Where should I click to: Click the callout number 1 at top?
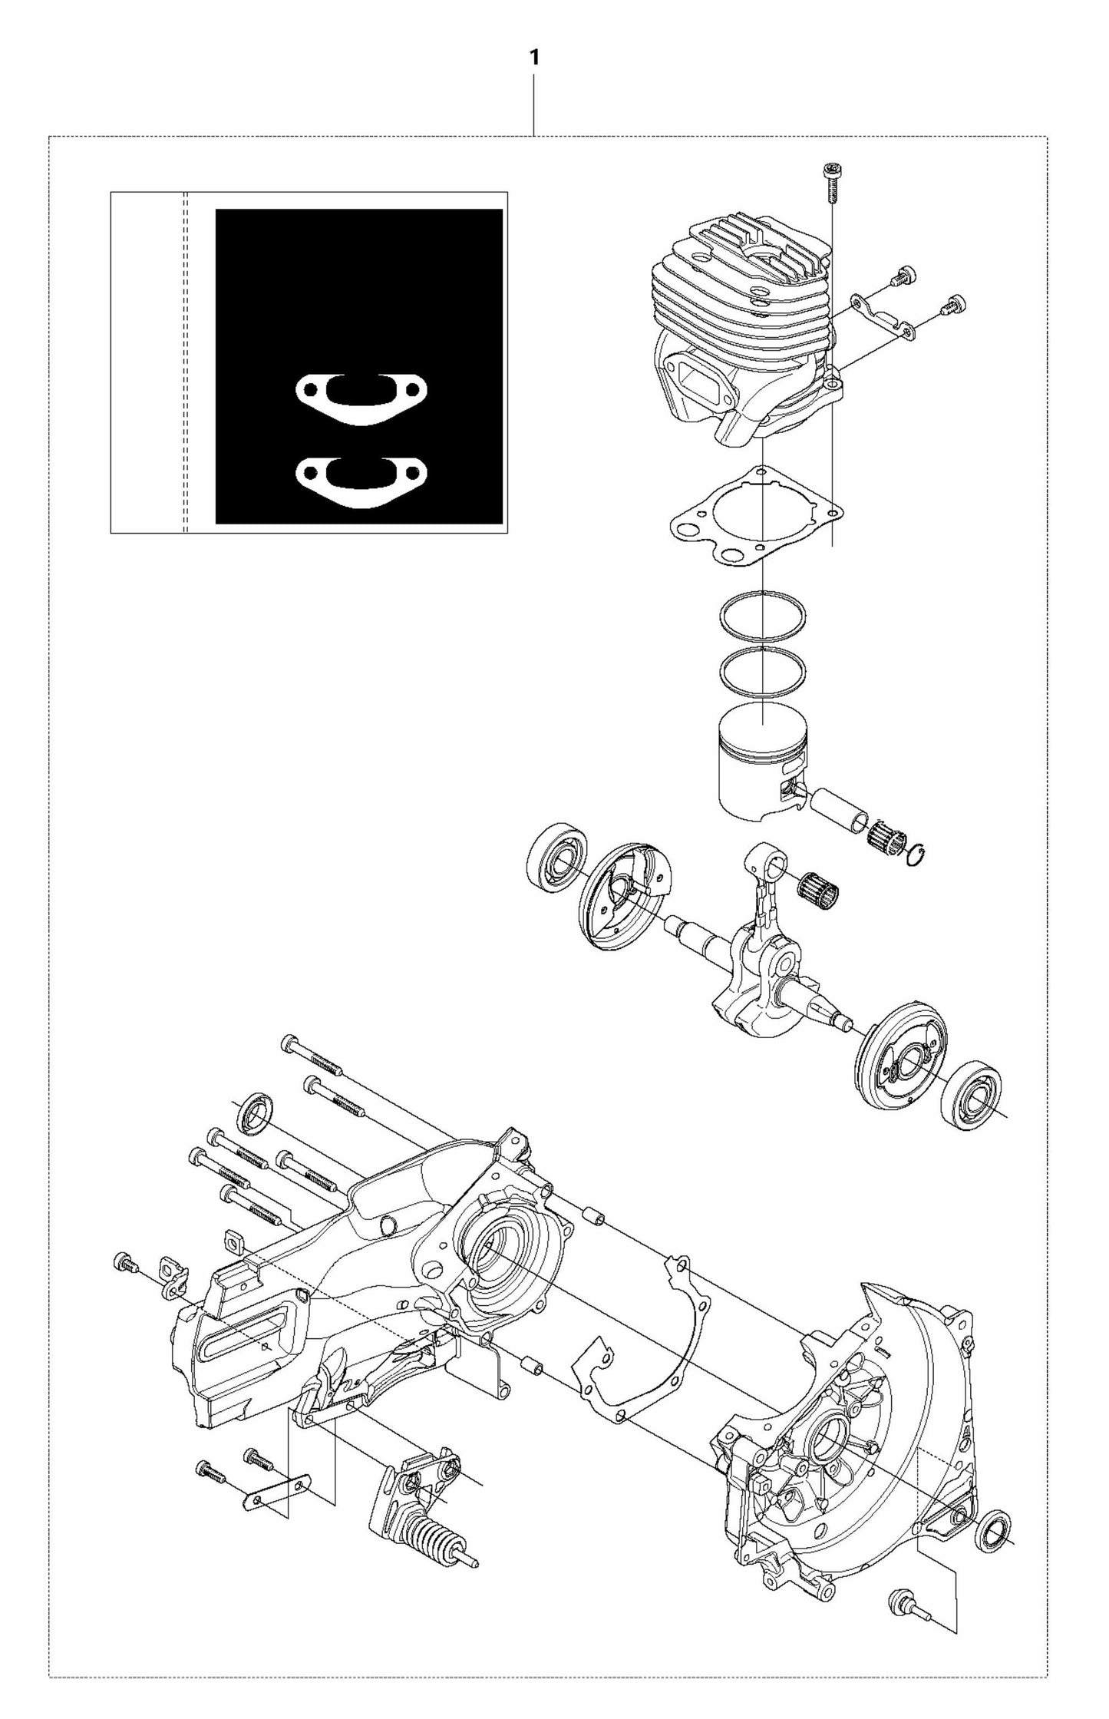[533, 58]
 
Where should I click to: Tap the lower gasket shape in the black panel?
[361, 481]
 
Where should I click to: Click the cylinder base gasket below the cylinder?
[752, 522]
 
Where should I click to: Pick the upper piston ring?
[763, 616]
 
